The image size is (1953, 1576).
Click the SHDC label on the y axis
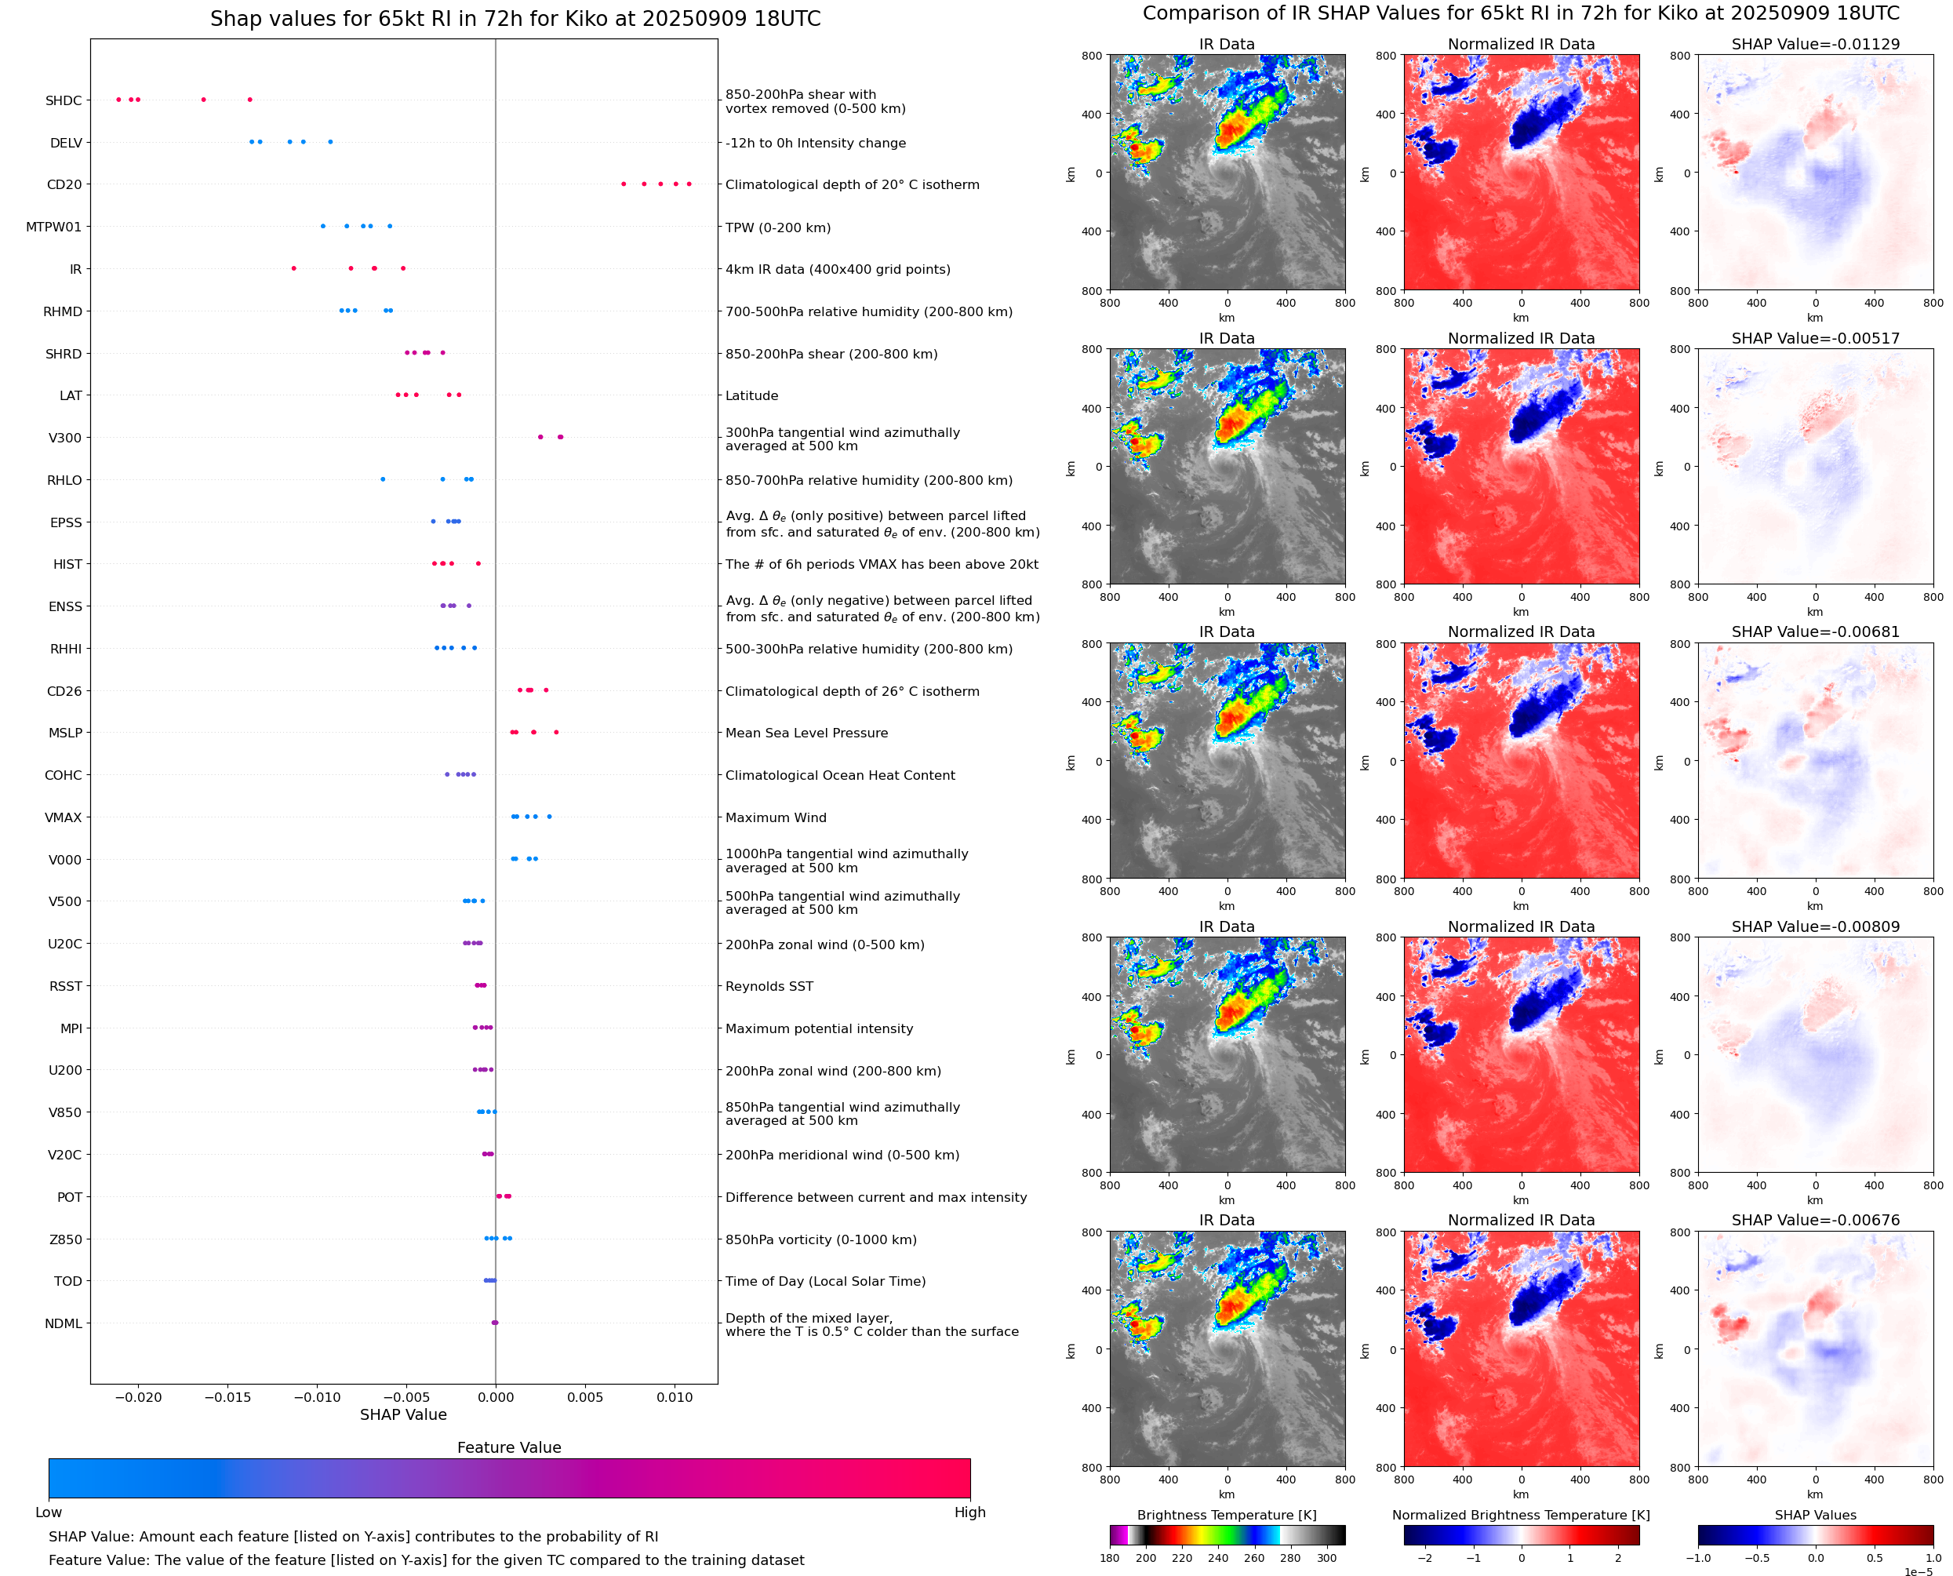pos(64,100)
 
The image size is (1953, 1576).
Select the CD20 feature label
pos(64,185)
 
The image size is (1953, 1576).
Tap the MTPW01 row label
pos(53,227)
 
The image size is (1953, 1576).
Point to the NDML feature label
pos(64,1323)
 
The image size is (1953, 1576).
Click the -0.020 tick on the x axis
pos(138,1397)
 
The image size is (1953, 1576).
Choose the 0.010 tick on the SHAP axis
pos(675,1397)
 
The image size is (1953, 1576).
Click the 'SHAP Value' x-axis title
pos(403,1414)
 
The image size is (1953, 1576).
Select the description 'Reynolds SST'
pos(769,987)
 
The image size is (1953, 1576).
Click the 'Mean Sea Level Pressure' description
pos(806,733)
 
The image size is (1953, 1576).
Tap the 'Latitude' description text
pos(751,396)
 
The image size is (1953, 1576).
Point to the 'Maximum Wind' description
pos(775,818)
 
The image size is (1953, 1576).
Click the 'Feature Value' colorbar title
pos(508,1447)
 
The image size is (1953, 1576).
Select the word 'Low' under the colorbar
pos(49,1512)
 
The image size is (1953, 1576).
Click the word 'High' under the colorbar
pos(969,1512)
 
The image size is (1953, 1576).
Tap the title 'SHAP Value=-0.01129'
pos(1815,45)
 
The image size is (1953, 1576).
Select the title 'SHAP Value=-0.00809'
pos(1815,927)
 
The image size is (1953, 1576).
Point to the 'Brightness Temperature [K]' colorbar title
pos(1226,1515)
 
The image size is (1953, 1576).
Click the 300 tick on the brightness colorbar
pos(1326,1558)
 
